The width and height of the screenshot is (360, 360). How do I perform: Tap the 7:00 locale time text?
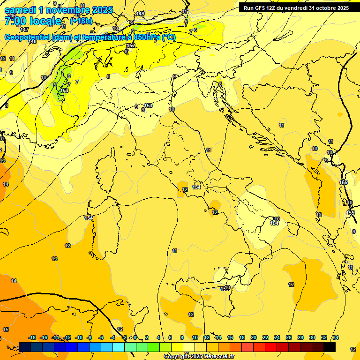click(x=33, y=21)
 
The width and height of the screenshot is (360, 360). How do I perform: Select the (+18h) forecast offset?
click(x=81, y=21)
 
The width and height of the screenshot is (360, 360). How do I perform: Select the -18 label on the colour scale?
click(x=32, y=337)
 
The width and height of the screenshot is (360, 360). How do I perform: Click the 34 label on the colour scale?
click(x=336, y=337)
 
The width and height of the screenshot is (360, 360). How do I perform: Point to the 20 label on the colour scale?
click(x=254, y=337)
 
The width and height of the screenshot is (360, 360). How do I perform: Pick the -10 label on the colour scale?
click(x=79, y=337)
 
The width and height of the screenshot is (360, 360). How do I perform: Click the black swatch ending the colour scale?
click(x=330, y=347)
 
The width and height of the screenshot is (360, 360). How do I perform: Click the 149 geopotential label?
click(x=140, y=14)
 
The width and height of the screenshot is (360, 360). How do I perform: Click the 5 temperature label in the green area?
click(x=55, y=85)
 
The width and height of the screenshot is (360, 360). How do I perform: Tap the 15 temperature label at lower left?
click(x=6, y=330)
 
